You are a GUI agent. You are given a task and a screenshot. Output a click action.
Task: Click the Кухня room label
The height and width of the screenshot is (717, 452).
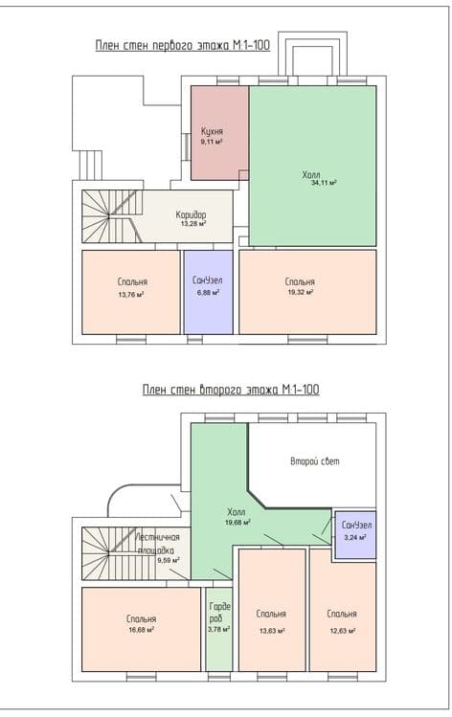click(x=212, y=132)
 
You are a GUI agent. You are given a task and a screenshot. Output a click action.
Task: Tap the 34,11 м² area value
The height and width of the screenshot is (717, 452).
click(x=324, y=183)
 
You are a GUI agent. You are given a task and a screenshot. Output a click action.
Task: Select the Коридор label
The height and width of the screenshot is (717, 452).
click(x=191, y=214)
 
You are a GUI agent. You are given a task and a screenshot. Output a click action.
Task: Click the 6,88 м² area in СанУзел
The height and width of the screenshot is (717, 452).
click(x=208, y=293)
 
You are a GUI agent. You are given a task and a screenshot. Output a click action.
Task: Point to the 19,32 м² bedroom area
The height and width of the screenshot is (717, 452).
click(x=300, y=292)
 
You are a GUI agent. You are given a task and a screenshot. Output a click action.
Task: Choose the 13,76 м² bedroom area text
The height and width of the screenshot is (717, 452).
click(x=131, y=295)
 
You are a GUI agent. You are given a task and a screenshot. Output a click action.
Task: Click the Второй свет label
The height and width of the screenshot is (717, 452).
click(x=315, y=461)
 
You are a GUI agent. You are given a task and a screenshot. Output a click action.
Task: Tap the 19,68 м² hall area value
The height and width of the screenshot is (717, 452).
click(x=237, y=523)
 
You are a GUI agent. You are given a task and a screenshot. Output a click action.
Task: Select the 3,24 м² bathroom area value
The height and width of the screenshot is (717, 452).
click(x=355, y=538)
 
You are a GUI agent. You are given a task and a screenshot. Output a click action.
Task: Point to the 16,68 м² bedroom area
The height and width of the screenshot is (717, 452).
click(x=141, y=630)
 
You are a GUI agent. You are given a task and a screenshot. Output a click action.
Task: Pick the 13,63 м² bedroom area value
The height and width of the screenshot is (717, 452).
click(x=272, y=631)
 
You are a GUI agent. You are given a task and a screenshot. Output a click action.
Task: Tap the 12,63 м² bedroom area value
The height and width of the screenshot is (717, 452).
click(x=342, y=631)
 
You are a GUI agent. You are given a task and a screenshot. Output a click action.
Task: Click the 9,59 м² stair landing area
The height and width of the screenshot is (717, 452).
click(x=169, y=560)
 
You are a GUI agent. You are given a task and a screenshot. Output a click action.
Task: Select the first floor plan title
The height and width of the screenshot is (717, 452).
click(x=183, y=45)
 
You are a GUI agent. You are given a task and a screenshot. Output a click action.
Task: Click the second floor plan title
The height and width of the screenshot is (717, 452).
click(x=231, y=390)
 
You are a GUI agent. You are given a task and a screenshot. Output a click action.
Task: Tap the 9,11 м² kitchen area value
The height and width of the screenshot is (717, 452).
click(x=212, y=143)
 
